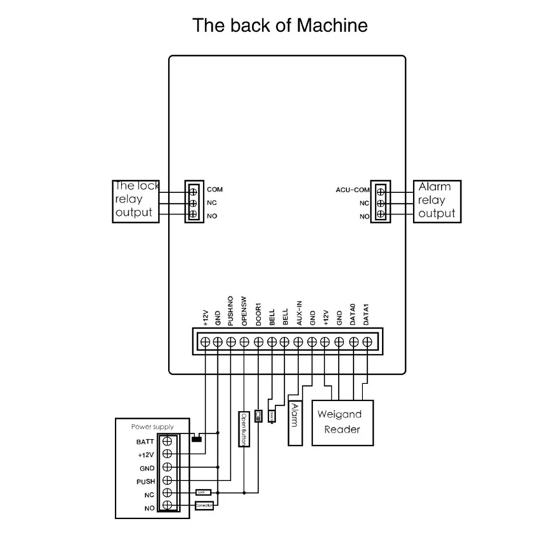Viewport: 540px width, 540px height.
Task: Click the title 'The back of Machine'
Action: pyautogui.click(x=280, y=26)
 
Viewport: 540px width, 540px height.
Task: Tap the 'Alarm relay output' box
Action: pyautogui.click(x=437, y=200)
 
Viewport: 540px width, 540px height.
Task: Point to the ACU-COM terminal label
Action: pyautogui.click(x=353, y=190)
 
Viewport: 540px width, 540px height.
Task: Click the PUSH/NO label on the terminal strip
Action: pyautogui.click(x=231, y=313)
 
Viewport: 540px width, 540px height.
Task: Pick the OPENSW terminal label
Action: pyautogui.click(x=244, y=314)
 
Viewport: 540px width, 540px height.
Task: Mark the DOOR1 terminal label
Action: pyautogui.click(x=258, y=315)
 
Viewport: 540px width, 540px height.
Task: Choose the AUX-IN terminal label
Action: pyautogui.click(x=298, y=315)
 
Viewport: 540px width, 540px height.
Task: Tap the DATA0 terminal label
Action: pyautogui.click(x=352, y=315)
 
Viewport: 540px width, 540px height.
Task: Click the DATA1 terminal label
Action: pyautogui.click(x=366, y=315)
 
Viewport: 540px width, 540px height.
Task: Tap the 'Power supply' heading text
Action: pyautogui.click(x=152, y=427)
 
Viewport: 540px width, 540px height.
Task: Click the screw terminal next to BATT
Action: pyautogui.click(x=167, y=441)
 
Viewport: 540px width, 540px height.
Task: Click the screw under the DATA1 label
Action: pyautogui.click(x=367, y=342)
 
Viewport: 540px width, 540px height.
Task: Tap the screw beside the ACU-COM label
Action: pyautogui.click(x=381, y=190)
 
